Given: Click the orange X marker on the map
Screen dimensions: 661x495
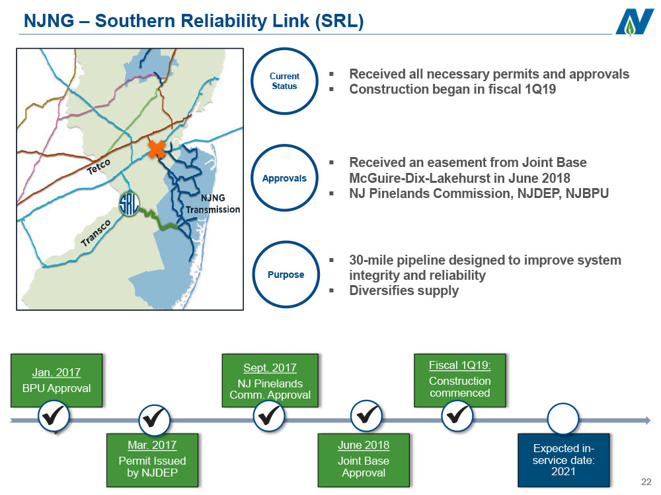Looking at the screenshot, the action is [157, 149].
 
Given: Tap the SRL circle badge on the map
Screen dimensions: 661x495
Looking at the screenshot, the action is [129, 205].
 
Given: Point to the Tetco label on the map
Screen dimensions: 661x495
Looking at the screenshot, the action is [98, 167].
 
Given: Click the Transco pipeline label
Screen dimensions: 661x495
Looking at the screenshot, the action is [96, 233].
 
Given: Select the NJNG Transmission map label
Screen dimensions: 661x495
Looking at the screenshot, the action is [213, 204].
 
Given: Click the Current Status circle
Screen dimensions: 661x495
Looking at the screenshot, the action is [284, 81].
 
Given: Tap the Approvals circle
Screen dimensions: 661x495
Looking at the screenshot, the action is [284, 178].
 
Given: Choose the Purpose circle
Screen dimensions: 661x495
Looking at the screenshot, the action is [286, 275].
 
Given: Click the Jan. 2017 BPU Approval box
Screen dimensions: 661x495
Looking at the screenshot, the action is [56, 381].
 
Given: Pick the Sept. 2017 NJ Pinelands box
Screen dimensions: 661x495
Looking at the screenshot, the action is [270, 381].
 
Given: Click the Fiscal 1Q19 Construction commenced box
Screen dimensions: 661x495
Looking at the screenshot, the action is [460, 381].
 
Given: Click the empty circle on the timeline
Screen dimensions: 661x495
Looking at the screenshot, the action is [563, 419].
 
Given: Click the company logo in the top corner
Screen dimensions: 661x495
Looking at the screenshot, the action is [634, 22].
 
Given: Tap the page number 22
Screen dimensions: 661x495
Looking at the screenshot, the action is [646, 482].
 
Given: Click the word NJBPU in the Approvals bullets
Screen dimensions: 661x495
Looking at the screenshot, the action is [587, 193].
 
